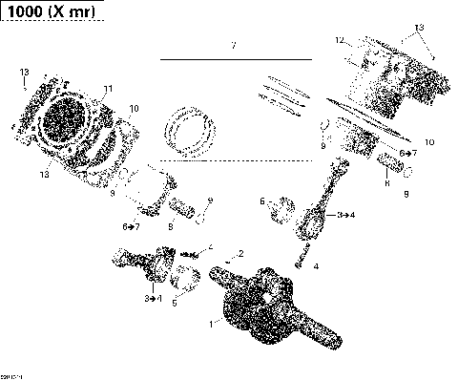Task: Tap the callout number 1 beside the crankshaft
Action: tap(212, 325)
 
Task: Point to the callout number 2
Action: tap(241, 253)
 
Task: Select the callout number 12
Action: tap(339, 41)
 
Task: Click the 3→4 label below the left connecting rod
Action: tap(152, 300)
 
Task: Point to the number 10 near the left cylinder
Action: tap(133, 109)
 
